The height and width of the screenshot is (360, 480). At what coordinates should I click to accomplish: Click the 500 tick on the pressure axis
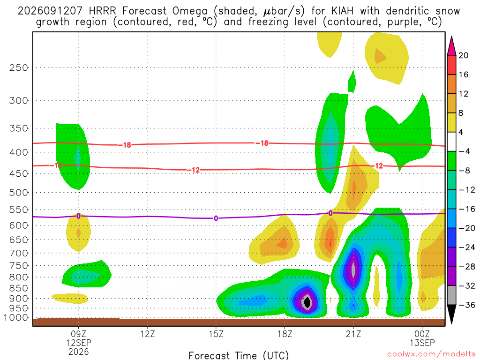click(x=19, y=193)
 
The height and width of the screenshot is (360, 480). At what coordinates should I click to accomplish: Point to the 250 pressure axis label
click(x=19, y=67)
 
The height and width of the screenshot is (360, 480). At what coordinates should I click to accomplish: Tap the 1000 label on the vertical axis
click(x=16, y=317)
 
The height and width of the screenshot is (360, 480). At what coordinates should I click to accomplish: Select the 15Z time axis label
click(x=216, y=334)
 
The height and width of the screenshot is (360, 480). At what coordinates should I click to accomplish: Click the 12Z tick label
click(x=148, y=334)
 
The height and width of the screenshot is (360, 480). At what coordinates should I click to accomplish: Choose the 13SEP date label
click(x=422, y=343)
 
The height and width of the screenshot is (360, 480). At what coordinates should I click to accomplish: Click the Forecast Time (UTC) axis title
click(x=239, y=355)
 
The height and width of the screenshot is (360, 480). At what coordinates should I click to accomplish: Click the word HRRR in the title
click(x=102, y=11)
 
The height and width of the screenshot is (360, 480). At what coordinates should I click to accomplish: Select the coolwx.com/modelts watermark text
click(x=431, y=354)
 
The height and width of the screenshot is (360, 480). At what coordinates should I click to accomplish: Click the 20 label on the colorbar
click(x=463, y=55)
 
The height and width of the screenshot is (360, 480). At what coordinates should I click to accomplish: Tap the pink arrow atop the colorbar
click(x=451, y=46)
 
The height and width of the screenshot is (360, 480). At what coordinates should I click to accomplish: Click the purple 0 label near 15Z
click(x=216, y=218)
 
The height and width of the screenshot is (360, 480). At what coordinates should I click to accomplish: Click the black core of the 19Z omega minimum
click(x=307, y=302)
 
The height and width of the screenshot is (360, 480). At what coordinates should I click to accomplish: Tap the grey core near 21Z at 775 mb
click(x=353, y=270)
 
